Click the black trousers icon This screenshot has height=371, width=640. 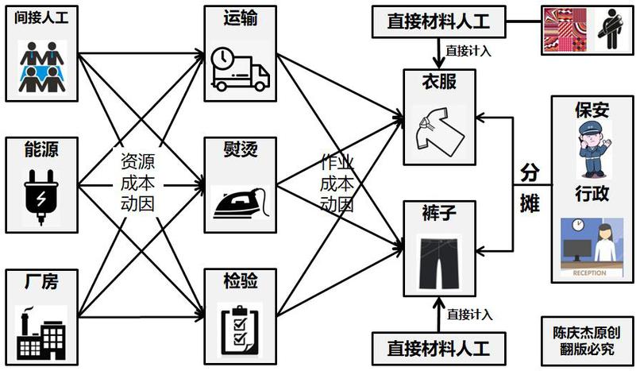[x=438, y=261]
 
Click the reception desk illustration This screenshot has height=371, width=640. [x=592, y=245]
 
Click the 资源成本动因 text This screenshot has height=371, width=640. [x=137, y=182]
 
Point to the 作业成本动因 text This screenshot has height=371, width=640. [x=336, y=182]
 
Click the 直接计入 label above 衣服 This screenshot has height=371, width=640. [x=468, y=50]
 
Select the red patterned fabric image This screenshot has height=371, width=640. [x=566, y=32]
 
